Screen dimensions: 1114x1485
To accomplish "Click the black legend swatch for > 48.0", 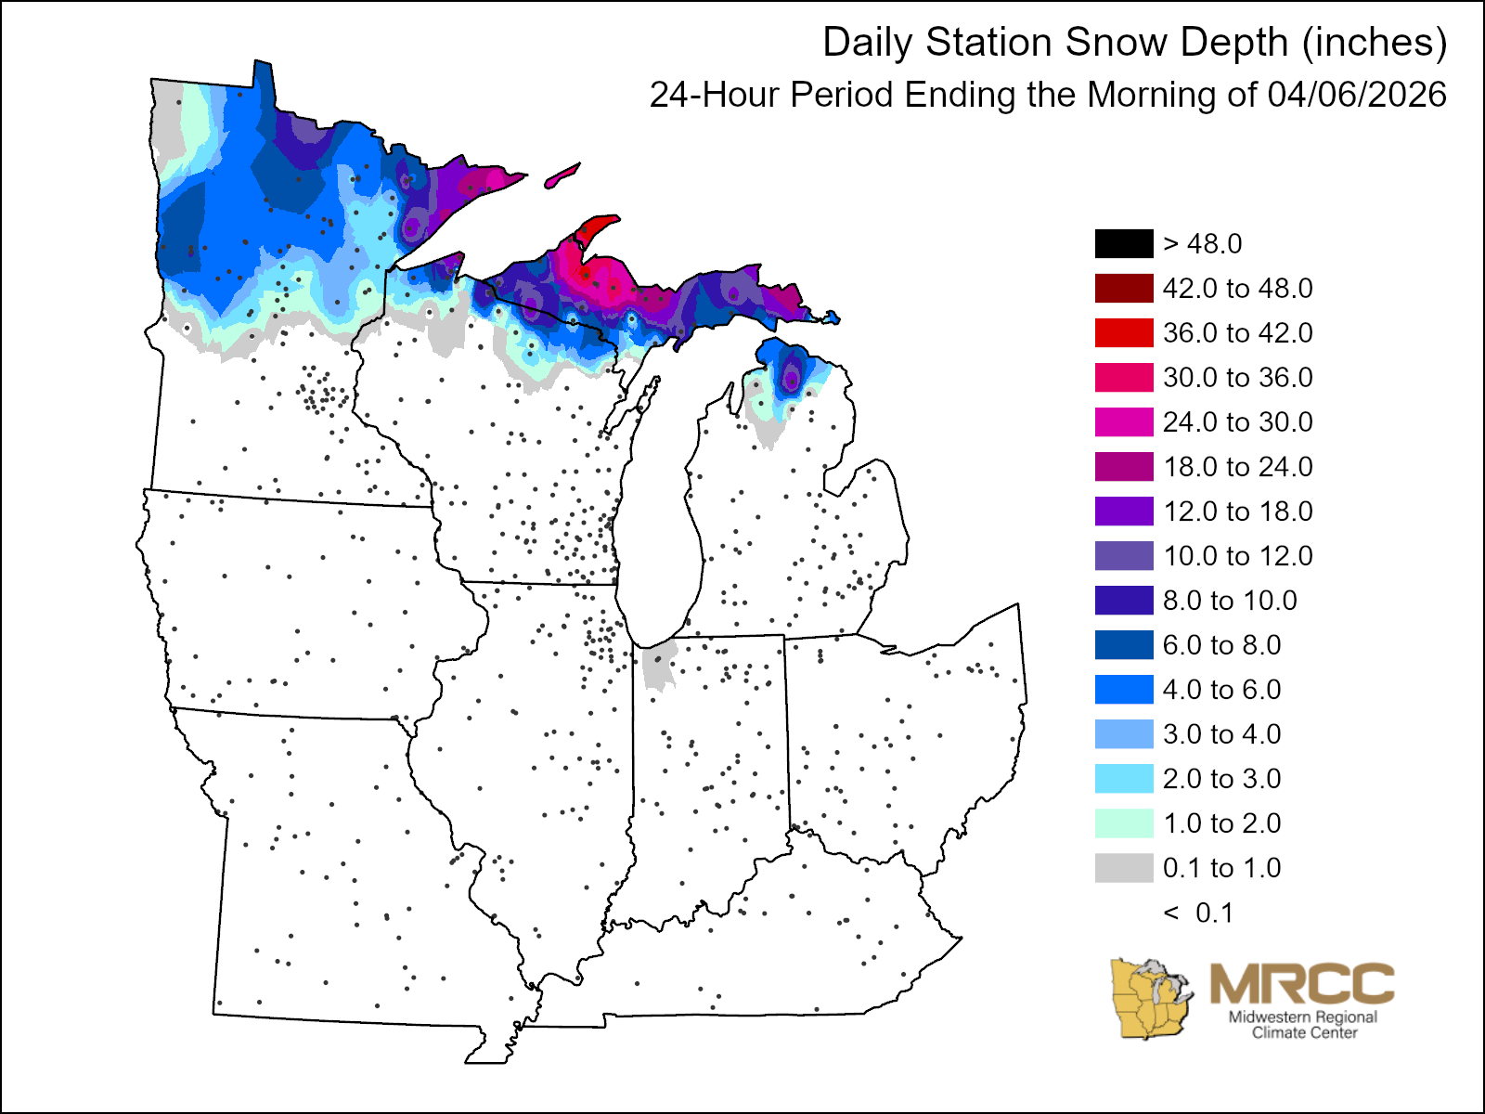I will [1124, 243].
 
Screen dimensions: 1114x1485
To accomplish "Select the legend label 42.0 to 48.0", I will [1237, 289].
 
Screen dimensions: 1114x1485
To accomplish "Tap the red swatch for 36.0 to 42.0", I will [1124, 332].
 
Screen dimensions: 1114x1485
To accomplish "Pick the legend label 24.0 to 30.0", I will [1237, 422].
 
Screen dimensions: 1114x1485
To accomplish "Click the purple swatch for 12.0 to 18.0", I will [1124, 511].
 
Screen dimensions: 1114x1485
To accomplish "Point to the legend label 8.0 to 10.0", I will [1230, 601].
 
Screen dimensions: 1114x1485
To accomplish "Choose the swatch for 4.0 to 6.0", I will [1124, 689].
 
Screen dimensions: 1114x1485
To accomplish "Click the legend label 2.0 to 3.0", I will [1221, 779].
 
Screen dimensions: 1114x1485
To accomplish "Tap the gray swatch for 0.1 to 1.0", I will [1124, 867].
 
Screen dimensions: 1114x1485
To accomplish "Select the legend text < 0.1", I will [1198, 913].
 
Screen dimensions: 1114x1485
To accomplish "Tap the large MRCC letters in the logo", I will [1301, 983].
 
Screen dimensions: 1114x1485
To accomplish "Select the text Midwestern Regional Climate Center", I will [1303, 1024].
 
